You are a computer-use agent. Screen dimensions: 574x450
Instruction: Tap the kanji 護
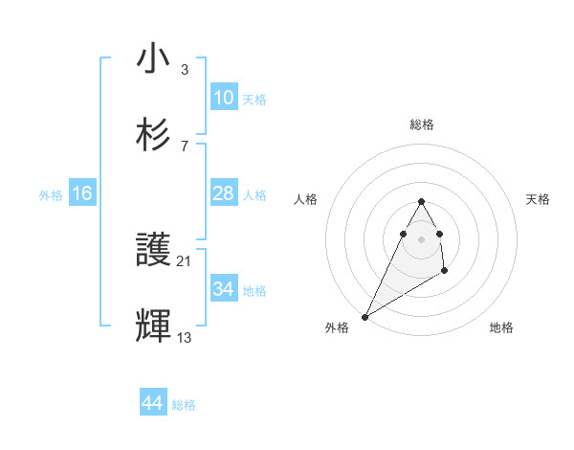[153, 251]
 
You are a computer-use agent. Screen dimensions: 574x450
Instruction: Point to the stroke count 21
[185, 260]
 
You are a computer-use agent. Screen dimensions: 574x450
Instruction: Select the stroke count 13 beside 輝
[185, 337]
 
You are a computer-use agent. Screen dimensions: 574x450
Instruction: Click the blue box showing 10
[223, 98]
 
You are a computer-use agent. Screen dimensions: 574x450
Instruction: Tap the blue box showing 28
[223, 193]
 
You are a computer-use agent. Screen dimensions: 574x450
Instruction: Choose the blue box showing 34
[223, 289]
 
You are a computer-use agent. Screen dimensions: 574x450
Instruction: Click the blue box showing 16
[82, 193]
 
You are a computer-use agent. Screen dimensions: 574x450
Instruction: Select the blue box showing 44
[153, 403]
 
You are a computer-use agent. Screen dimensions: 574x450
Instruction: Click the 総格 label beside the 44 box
[184, 405]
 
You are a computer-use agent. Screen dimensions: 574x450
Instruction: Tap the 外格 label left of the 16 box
[51, 195]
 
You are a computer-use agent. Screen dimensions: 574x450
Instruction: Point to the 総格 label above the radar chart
[421, 124]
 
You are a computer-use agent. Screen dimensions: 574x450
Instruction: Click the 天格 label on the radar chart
[538, 199]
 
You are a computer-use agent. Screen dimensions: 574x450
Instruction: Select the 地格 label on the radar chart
[501, 327]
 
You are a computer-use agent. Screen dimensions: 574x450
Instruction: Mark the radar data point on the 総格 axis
[421, 202]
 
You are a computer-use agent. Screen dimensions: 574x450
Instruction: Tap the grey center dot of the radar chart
[421, 238]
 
